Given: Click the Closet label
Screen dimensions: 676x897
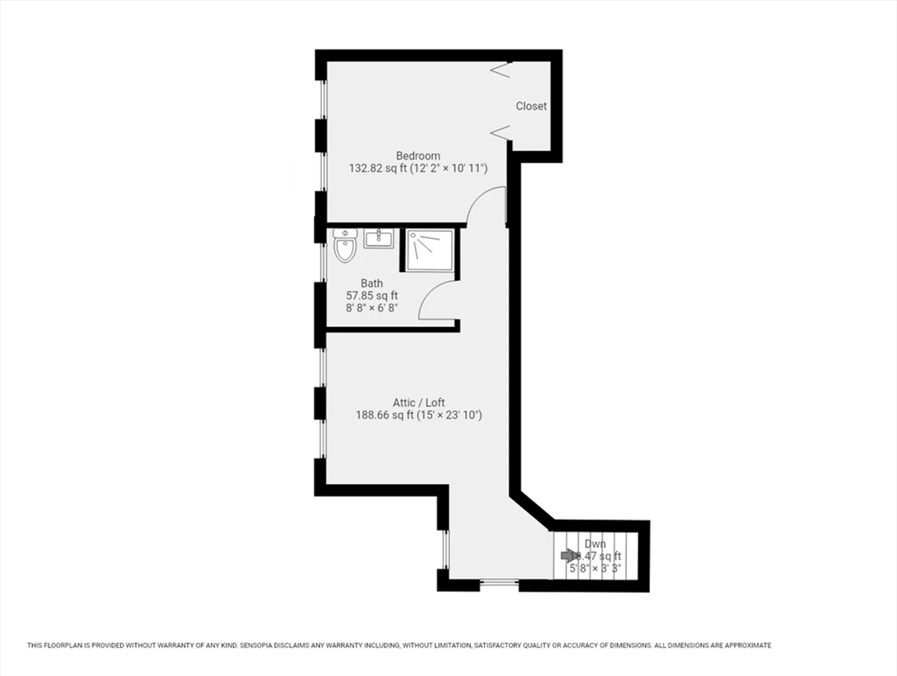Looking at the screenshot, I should [531, 106].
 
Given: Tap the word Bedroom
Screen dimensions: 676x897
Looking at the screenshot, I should [418, 156].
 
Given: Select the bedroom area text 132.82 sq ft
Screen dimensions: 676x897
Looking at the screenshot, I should [378, 169].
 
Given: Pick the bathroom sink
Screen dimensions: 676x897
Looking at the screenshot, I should [379, 238].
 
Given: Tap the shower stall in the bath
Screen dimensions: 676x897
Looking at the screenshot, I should [430, 250].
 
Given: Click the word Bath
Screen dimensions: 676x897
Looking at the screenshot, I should [371, 283].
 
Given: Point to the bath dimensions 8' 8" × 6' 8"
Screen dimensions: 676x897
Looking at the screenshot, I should [371, 308].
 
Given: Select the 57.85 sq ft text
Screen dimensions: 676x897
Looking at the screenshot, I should [371, 296].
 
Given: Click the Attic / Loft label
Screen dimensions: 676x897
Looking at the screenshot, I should [419, 402].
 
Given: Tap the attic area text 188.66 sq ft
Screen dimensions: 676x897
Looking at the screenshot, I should [384, 415].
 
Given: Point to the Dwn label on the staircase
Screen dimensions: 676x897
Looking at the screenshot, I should [595, 544].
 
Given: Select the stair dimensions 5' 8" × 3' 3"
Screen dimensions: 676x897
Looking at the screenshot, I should [595, 569].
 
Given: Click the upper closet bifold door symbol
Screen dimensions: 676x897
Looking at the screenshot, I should [501, 70].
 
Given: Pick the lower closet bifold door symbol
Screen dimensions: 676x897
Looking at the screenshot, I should [500, 132].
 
